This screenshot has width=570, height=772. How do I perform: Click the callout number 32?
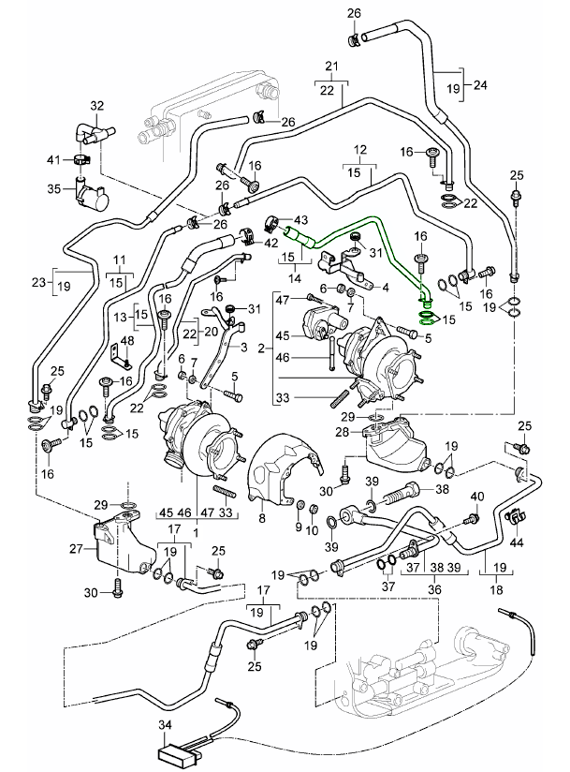coord(98,106)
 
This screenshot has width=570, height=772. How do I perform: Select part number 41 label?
coord(53,157)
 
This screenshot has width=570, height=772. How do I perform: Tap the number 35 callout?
coord(53,188)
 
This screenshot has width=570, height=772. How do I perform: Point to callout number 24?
coord(480,85)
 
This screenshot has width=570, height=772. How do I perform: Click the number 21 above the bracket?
coord(330,66)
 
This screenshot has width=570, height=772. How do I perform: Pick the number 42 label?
coord(270,243)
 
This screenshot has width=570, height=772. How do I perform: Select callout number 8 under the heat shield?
coord(262,516)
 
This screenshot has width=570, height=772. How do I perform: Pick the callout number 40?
coord(477,497)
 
